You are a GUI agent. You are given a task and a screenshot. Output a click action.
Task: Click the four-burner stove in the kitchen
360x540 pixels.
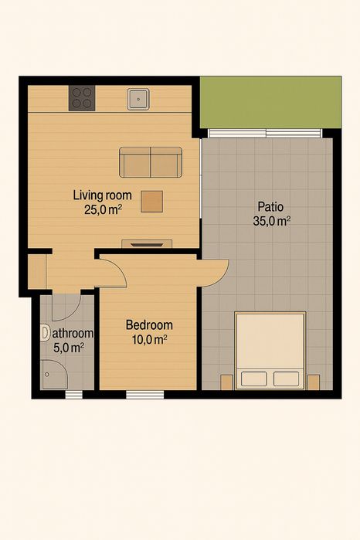tap(82, 97)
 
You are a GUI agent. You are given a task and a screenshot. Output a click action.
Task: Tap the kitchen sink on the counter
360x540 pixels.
tap(138, 97)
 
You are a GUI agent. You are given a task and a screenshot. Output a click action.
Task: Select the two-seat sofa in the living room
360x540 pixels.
tap(150, 162)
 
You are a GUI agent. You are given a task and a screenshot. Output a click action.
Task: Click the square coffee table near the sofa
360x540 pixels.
tap(152, 201)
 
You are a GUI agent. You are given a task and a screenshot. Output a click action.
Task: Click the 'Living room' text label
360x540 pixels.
tap(102, 195)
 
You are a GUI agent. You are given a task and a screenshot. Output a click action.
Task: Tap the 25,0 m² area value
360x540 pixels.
tap(102, 209)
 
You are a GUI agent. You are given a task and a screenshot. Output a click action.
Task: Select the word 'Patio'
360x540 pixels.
tap(270, 207)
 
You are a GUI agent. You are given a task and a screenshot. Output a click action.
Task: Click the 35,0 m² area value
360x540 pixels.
tap(271, 221)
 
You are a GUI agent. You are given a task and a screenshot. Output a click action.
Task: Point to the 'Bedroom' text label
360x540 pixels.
tap(149, 325)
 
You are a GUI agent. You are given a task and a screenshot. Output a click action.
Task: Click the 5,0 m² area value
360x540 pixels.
tap(68, 348)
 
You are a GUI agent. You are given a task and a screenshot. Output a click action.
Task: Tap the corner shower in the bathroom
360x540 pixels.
tap(54, 377)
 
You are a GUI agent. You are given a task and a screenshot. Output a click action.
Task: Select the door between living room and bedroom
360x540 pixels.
tap(114, 273)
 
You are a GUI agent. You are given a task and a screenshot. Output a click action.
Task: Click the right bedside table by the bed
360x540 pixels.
tap(314, 382)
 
